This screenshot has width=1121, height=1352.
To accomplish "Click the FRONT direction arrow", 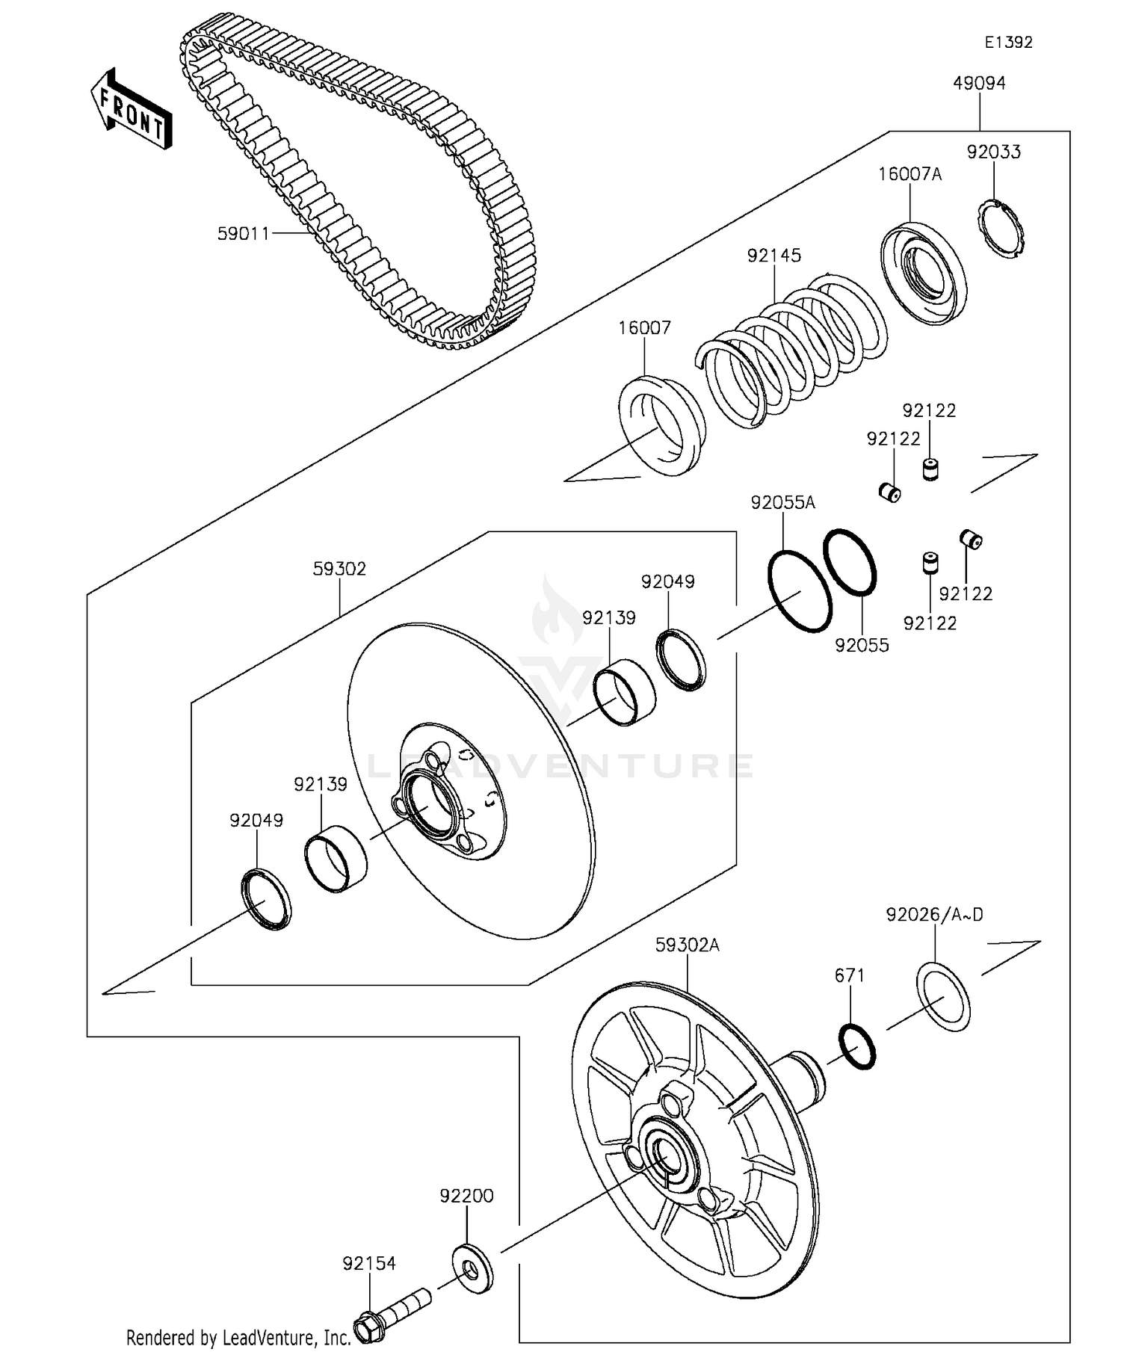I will pyautogui.click(x=132, y=110).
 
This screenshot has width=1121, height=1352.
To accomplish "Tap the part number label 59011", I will pyautogui.click(x=243, y=234).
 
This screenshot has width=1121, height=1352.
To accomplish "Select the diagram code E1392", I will pyautogui.click(x=1007, y=43).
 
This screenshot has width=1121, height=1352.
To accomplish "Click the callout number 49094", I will pyautogui.click(x=978, y=84).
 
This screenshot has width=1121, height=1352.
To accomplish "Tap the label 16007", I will pyautogui.click(x=644, y=327).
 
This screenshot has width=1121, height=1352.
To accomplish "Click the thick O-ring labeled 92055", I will pyautogui.click(x=850, y=563).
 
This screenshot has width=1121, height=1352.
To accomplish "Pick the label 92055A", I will pyautogui.click(x=782, y=503).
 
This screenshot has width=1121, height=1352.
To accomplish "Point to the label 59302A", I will pyautogui.click(x=687, y=945).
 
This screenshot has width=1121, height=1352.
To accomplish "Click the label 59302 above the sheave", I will pyautogui.click(x=339, y=569).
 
